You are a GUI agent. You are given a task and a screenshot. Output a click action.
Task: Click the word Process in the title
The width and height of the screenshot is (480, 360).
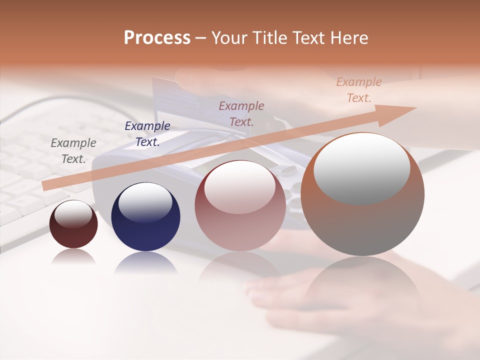pos(157,37)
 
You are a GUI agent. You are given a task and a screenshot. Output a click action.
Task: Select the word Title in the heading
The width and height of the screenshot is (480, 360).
pos(269,37)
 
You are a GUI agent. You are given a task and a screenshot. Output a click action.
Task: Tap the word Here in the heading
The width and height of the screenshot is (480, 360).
pos(348,37)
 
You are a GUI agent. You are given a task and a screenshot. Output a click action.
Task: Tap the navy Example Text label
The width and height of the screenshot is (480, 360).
pos(147,134)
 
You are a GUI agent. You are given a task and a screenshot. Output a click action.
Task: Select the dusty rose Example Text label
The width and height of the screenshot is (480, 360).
pos(241,113)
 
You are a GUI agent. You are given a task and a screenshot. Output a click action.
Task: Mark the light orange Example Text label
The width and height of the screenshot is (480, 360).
pos(359,90)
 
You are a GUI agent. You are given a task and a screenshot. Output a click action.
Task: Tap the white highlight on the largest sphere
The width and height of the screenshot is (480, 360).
pos(361,167)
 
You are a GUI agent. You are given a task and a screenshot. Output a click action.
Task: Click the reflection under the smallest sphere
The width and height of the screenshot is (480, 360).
pos(73,256)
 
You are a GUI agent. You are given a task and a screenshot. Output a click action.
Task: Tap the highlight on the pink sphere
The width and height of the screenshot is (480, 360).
pos(240,186)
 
